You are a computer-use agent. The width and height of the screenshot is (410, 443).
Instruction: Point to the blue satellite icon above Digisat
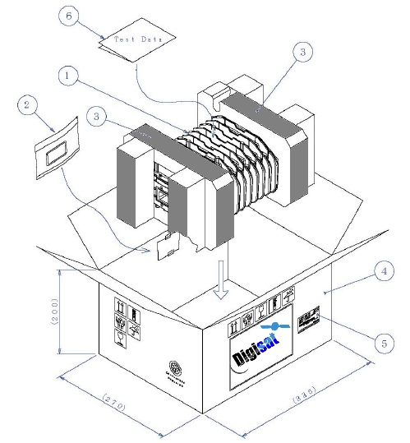(270, 327)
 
